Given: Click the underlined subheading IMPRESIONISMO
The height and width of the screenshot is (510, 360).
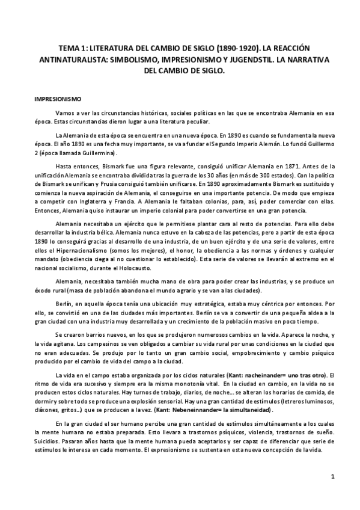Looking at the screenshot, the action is pyautogui.click(x=64, y=97).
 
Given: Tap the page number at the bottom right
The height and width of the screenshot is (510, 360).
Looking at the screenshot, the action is pyautogui.click(x=332, y=476).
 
